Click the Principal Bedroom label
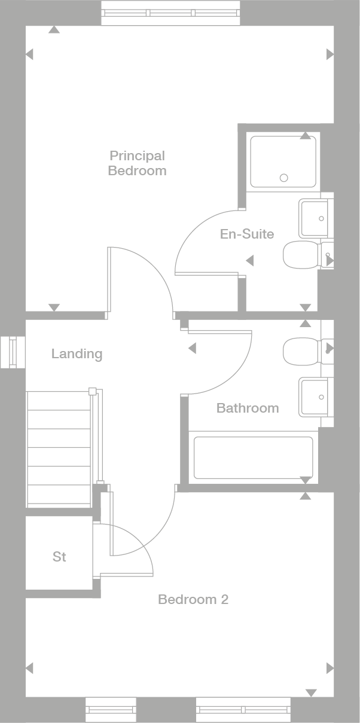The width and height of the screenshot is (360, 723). (x=137, y=163)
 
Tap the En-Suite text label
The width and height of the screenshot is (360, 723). (x=247, y=234)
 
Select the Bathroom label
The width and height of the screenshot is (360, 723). (x=248, y=408)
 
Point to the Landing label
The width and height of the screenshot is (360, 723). (x=77, y=353)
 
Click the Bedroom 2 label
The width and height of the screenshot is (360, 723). (x=193, y=599)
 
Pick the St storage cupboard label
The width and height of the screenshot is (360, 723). (x=59, y=557)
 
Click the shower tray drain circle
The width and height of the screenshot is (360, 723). (x=284, y=178)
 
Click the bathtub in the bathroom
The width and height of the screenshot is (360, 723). (x=253, y=457)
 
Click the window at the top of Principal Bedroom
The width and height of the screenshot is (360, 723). (x=170, y=13)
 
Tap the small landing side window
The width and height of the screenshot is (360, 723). (x=13, y=352)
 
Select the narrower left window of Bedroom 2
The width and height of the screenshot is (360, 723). (x=111, y=710)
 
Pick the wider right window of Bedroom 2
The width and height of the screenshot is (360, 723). (x=243, y=710)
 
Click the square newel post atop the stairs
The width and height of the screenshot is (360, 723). (x=92, y=392)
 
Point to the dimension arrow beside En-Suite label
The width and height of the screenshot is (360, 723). (x=250, y=261)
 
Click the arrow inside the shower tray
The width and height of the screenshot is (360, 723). (x=306, y=136)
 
